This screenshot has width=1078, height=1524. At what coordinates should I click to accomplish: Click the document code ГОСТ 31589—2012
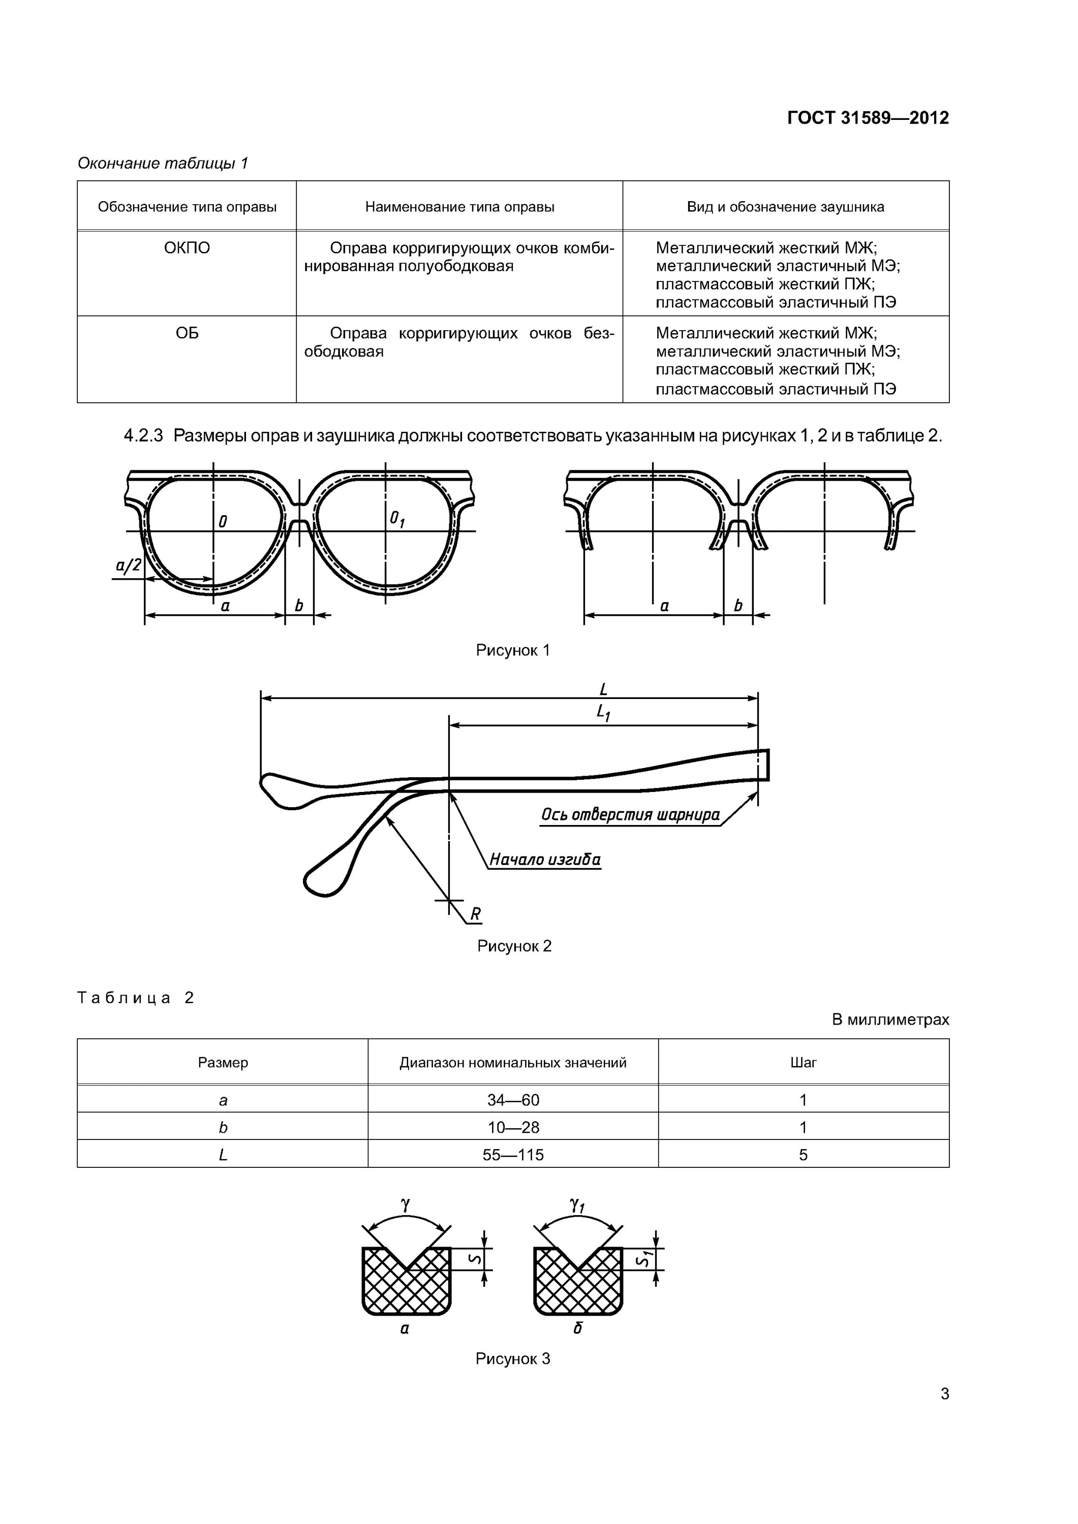(x=868, y=118)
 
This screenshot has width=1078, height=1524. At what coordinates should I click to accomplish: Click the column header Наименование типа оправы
(x=459, y=207)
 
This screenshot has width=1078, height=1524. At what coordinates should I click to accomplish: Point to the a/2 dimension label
(x=128, y=565)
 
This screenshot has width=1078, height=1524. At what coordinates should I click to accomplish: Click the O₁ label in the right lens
(x=397, y=519)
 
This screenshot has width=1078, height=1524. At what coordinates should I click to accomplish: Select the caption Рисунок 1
(x=513, y=650)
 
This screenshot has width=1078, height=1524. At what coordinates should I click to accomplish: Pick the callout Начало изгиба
(x=545, y=860)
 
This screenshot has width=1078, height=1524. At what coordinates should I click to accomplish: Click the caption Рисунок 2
(x=514, y=946)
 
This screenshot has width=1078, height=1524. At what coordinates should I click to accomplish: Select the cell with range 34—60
(x=513, y=1100)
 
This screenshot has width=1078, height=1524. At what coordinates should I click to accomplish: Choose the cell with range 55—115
(x=513, y=1155)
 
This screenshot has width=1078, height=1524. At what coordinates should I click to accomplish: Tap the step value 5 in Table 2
(x=803, y=1155)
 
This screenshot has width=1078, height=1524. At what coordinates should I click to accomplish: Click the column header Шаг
(x=803, y=1063)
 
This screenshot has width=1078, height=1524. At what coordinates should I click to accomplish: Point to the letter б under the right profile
(x=578, y=1328)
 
